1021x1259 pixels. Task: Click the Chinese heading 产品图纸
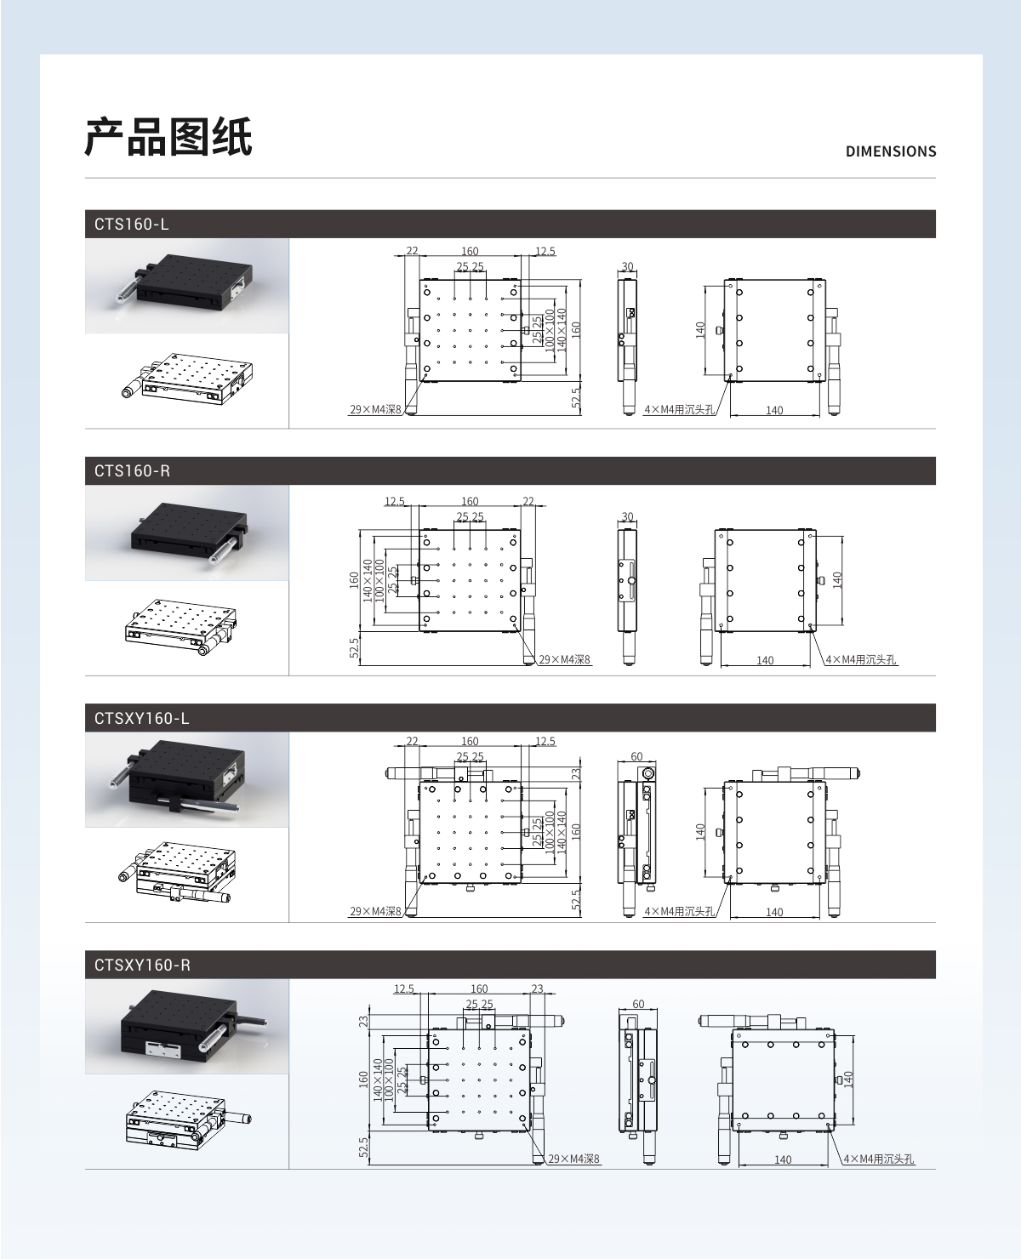click(x=168, y=137)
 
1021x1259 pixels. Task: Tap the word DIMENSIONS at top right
click(x=890, y=152)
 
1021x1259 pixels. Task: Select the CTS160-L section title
click(x=131, y=224)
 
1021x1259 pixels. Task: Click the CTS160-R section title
click(x=132, y=470)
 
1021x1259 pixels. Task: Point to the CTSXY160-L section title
click(x=141, y=718)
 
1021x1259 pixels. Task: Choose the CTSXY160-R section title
click(x=142, y=966)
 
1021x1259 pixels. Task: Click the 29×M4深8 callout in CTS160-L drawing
click(x=375, y=410)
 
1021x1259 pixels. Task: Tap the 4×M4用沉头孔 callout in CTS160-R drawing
click(x=861, y=659)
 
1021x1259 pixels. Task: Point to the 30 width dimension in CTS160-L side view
click(x=627, y=266)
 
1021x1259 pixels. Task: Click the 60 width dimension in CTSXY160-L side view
click(x=636, y=756)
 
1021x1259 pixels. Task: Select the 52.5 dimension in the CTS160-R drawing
click(x=354, y=648)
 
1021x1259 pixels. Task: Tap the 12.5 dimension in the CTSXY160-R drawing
click(x=404, y=988)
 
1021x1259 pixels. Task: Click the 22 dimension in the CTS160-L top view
click(x=412, y=251)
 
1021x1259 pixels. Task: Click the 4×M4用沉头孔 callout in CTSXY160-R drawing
click(x=879, y=1159)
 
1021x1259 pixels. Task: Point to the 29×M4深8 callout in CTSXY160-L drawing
click(x=375, y=911)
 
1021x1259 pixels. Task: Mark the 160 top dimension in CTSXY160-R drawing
click(x=479, y=988)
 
